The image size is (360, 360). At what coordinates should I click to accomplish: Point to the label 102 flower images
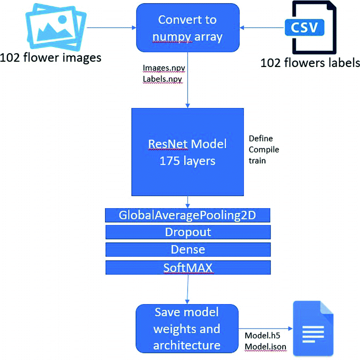tap(51, 57)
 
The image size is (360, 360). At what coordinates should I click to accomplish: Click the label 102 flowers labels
tap(310, 63)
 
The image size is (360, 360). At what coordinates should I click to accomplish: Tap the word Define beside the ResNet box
tap(261, 139)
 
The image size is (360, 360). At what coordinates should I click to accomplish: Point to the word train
tap(258, 160)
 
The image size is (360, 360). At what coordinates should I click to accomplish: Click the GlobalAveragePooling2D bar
tap(188, 215)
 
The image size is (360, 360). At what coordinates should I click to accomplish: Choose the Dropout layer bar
tap(188, 232)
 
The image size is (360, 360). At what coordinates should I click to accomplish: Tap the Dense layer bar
tap(188, 249)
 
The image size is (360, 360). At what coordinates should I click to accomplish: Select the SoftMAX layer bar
tap(188, 267)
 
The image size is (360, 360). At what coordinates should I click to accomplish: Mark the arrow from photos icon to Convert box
tap(111, 28)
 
